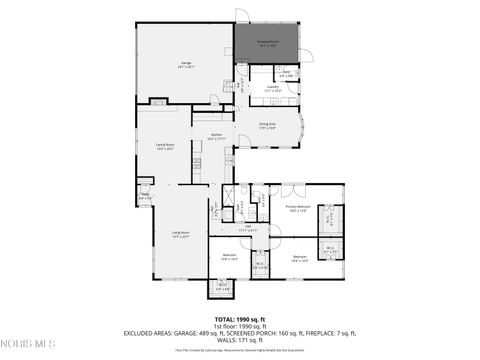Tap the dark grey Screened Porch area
[268, 43]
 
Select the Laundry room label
[272, 88]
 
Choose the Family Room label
[164, 147]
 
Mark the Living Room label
[180, 234]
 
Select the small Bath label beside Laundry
[286, 72]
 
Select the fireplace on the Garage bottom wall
[160, 100]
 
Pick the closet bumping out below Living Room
[220, 289]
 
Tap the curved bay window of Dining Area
[306, 126]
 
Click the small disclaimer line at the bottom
[240, 351]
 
